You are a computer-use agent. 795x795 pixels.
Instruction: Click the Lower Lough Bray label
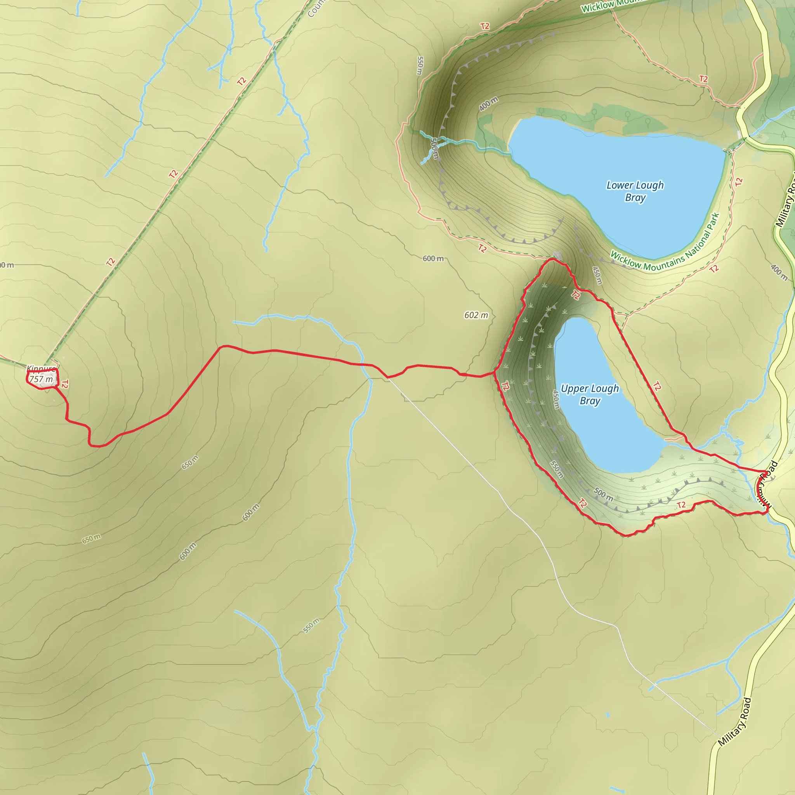tap(635, 191)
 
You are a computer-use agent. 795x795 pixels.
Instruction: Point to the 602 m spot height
tap(476, 315)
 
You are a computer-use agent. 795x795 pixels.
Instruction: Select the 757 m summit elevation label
tap(41, 379)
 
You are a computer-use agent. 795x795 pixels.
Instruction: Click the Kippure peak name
tap(41, 369)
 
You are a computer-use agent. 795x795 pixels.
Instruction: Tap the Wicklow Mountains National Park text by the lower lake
tap(665, 243)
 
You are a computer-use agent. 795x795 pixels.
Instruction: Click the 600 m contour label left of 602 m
tap(433, 259)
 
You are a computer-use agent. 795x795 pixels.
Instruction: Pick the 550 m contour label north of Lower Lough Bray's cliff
tap(420, 66)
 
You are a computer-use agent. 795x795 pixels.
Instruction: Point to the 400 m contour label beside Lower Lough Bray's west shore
tap(489, 104)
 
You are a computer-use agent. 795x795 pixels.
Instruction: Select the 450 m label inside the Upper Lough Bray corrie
tap(555, 399)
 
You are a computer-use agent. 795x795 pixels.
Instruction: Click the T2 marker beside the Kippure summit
tap(64, 384)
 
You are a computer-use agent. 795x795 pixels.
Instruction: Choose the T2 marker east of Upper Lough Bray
tap(657, 386)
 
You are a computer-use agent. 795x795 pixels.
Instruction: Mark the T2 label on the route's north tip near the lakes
tap(576, 295)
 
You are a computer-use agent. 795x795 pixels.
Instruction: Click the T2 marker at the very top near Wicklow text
tap(485, 26)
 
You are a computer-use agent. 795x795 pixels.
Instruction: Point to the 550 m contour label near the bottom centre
tap(311, 625)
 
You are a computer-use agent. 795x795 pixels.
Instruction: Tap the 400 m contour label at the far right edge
tap(779, 273)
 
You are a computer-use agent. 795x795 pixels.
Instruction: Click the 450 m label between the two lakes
tap(597, 275)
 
